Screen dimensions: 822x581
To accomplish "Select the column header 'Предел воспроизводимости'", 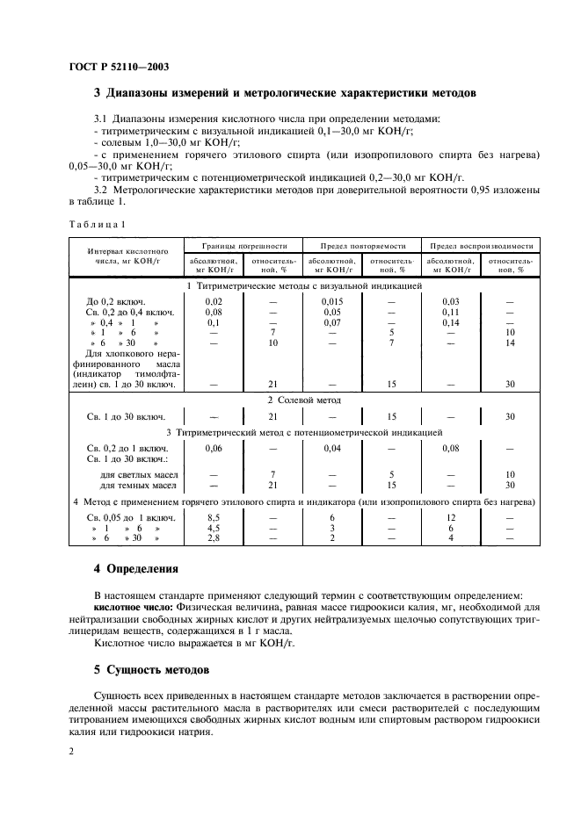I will tap(480, 246).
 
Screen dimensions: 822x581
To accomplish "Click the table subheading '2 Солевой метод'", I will tap(303, 400).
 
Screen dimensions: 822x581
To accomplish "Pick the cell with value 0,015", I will tap(331, 301).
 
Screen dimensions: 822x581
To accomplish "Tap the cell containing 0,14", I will tap(451, 322).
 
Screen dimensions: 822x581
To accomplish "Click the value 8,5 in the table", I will tap(213, 518).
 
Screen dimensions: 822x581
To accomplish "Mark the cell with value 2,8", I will tap(213, 538).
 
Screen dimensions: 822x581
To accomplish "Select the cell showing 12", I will tap(451, 518).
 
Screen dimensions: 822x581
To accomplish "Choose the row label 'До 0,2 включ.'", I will tap(115, 301).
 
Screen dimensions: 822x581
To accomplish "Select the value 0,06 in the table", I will tap(213, 448).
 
